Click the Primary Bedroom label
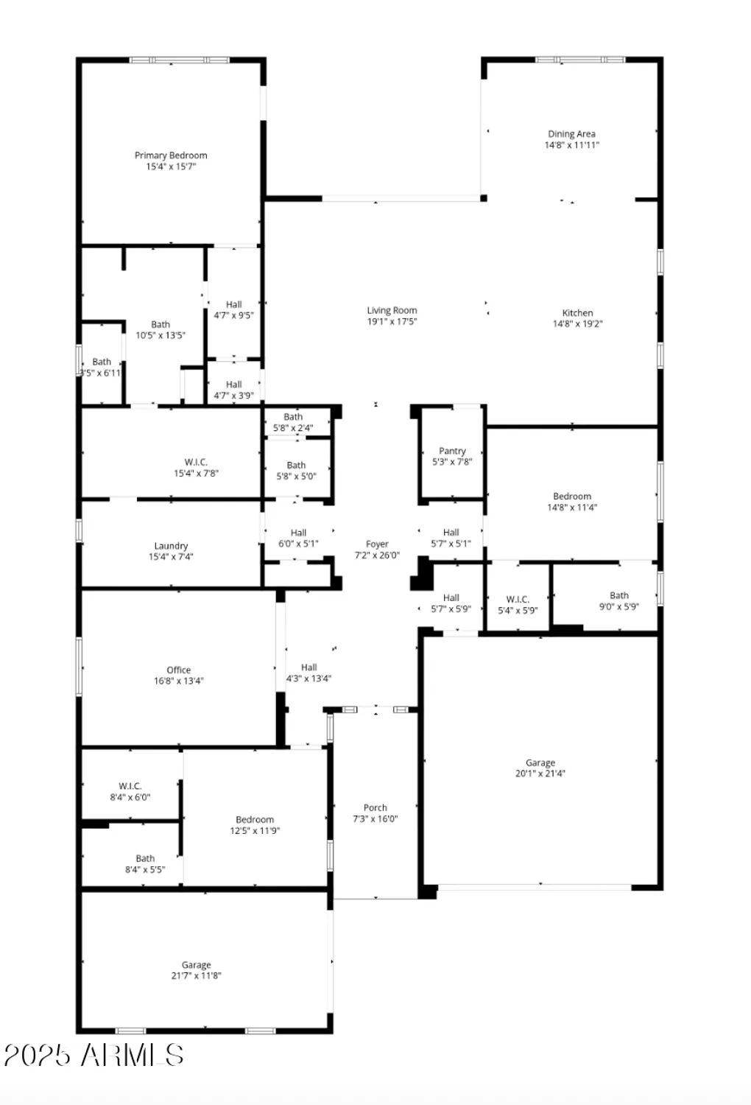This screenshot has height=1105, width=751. pyautogui.click(x=171, y=155)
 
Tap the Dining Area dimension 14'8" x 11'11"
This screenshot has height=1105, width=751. pyautogui.click(x=571, y=145)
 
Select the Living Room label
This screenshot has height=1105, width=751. pyautogui.click(x=392, y=311)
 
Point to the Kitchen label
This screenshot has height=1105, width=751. pyautogui.click(x=577, y=313)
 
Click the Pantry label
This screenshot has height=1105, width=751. pyautogui.click(x=452, y=451)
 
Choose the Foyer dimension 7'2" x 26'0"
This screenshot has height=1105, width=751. pyautogui.click(x=377, y=555)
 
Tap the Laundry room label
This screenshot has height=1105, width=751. pyautogui.click(x=171, y=546)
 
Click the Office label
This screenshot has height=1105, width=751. pyautogui.click(x=178, y=670)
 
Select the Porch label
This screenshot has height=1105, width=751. pyautogui.click(x=375, y=808)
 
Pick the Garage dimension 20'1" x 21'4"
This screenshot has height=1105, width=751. pyautogui.click(x=540, y=773)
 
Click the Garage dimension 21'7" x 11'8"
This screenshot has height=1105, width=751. pyautogui.click(x=196, y=975)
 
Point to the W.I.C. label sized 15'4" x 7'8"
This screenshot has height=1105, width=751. pyautogui.click(x=196, y=463)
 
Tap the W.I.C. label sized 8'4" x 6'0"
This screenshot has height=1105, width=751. pyautogui.click(x=130, y=786)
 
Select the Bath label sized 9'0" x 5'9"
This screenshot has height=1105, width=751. pyautogui.click(x=618, y=595)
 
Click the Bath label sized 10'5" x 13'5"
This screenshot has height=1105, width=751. pyautogui.click(x=161, y=324)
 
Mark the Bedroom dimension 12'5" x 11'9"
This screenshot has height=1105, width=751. pyautogui.click(x=255, y=830)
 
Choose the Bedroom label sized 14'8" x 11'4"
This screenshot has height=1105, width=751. pyautogui.click(x=572, y=497)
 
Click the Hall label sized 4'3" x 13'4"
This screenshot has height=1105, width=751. pyautogui.click(x=308, y=667)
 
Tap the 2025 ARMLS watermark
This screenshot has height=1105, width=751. pyautogui.click(x=94, y=1055)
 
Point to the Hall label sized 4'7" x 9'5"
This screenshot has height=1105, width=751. pyautogui.click(x=233, y=304)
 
